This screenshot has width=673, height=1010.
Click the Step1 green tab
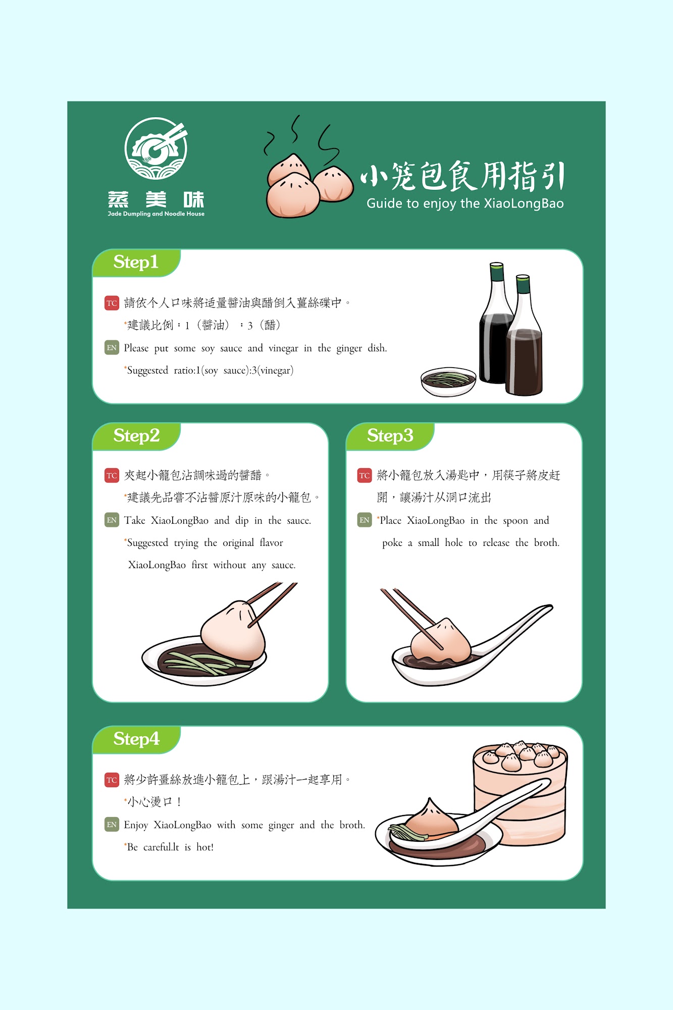click(x=136, y=263)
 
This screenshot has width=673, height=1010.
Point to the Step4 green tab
click(x=136, y=739)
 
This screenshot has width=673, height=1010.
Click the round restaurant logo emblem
click(x=156, y=148)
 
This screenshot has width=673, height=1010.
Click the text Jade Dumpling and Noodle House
click(x=156, y=214)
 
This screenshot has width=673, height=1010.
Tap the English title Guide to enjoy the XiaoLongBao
click(x=465, y=204)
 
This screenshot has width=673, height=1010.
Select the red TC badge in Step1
click(x=112, y=303)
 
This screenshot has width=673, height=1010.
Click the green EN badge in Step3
click(x=365, y=520)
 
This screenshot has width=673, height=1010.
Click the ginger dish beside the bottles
click(x=448, y=382)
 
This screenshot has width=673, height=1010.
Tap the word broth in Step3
click(x=547, y=543)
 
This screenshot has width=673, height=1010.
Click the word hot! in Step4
click(x=204, y=847)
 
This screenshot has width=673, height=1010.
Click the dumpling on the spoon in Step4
click(x=431, y=817)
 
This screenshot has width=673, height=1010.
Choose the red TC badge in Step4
click(x=112, y=780)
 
